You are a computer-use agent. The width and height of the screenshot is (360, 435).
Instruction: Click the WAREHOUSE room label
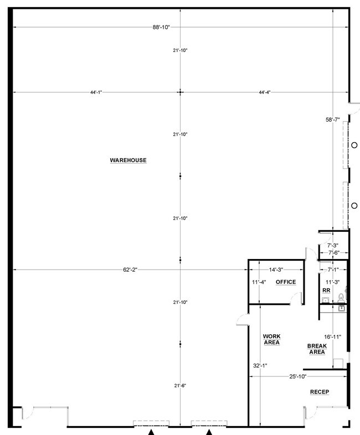128,160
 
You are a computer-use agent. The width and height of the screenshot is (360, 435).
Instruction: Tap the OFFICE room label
286,282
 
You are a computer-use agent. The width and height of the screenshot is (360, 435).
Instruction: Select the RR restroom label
326,291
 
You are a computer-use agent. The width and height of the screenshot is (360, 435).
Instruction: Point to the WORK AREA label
272,339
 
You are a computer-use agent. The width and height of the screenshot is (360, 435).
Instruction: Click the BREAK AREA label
317,349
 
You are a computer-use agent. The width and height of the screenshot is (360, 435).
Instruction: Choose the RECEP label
320,392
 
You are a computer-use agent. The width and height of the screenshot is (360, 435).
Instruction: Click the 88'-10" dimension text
161,27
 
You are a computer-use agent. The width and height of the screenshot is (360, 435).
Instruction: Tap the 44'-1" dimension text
96,92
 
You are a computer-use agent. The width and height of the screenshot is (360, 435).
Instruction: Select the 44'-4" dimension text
265,92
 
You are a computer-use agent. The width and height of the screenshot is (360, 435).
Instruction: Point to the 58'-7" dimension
332,120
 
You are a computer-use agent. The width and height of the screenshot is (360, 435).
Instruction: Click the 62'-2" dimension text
130,270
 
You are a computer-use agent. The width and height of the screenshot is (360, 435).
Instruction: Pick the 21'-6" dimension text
180,386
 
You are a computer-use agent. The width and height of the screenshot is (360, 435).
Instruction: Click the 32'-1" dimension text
260,366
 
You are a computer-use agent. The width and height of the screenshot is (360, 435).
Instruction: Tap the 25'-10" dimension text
297,377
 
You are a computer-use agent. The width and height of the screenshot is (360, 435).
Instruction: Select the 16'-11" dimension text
332,337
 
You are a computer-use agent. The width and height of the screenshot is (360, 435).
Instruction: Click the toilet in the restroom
341,298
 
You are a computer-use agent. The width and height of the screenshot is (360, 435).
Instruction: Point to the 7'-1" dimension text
332,270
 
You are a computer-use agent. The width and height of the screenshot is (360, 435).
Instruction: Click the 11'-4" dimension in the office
259,282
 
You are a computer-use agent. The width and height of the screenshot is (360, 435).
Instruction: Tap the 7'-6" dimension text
334,253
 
